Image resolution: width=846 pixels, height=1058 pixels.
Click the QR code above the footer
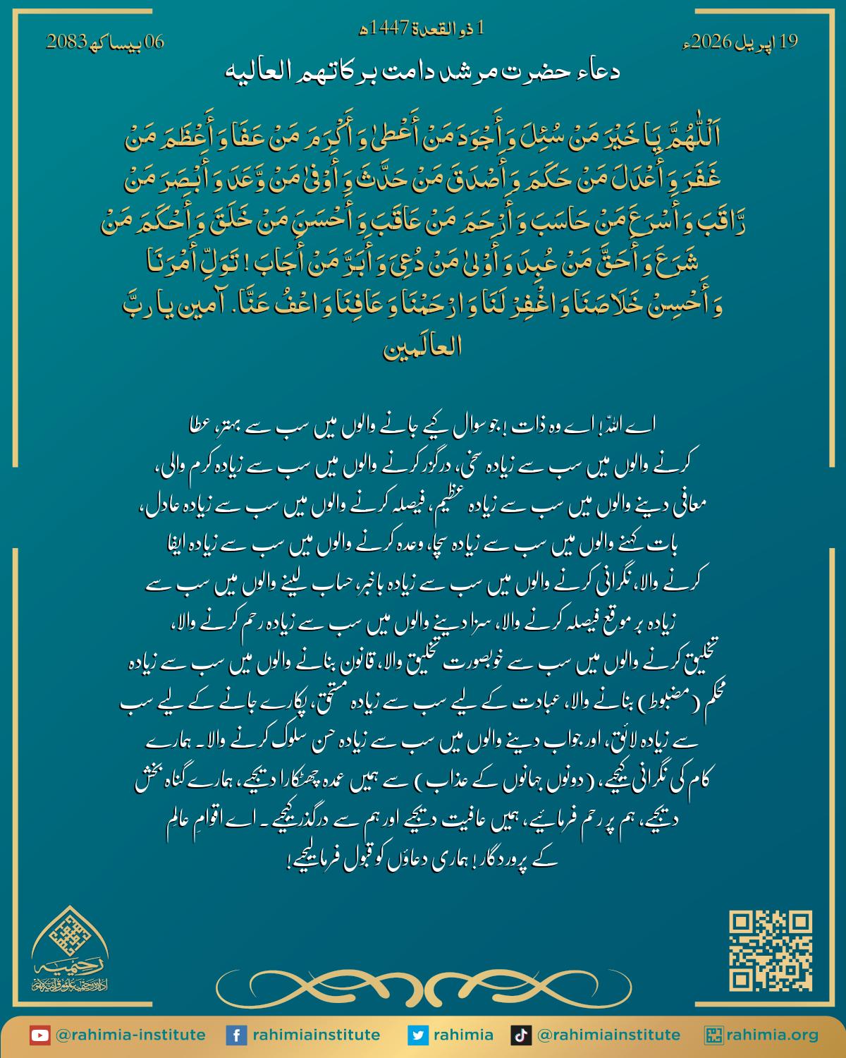pyautogui.click(x=771, y=951)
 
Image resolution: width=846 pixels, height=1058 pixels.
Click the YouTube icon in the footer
pyautogui.click(x=39, y=1035)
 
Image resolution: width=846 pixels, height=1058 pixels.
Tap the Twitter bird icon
pyautogui.click(x=418, y=1035)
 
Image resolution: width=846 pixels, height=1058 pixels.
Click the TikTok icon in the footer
pyautogui.click(x=521, y=1035)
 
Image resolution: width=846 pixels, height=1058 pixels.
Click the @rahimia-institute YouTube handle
pyautogui.click(x=130, y=1035)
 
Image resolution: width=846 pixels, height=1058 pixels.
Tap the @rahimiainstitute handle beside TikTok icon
pyautogui.click(x=608, y=1035)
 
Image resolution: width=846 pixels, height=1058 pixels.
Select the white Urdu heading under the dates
pyautogui.click(x=423, y=72)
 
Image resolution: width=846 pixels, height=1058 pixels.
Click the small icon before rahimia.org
pyautogui.click(x=713, y=1035)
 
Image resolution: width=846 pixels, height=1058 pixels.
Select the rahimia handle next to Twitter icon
pyautogui.click(x=463, y=1035)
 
